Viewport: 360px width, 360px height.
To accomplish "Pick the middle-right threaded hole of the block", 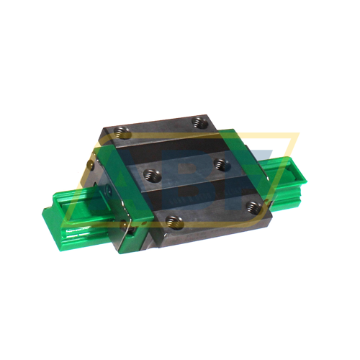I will [x=220, y=164].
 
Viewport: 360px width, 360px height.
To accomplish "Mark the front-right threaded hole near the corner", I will [x=251, y=207].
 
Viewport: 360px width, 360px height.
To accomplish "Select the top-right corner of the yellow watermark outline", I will [x=299, y=134].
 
